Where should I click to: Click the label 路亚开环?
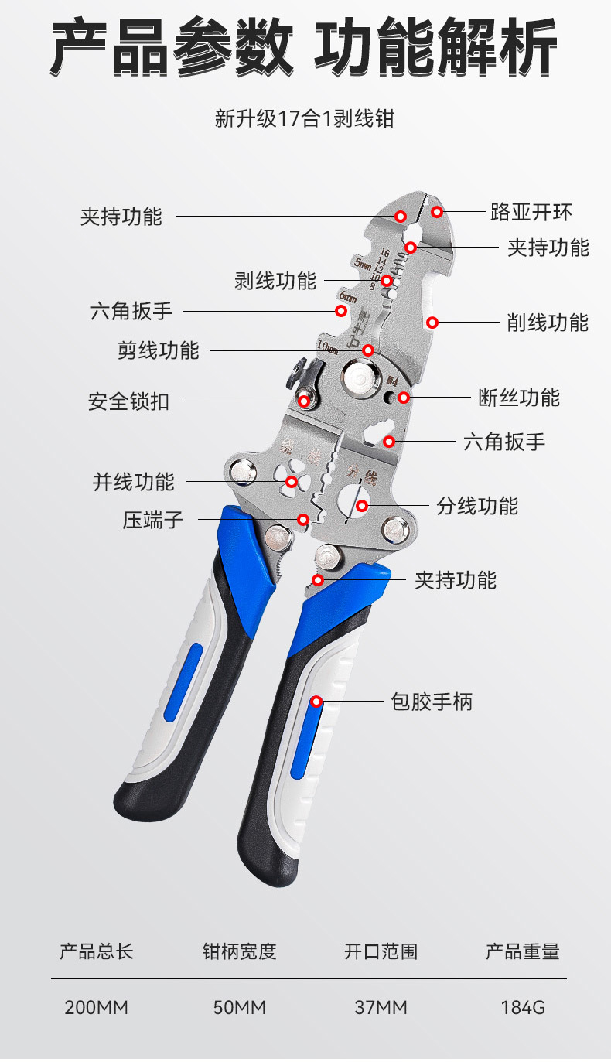(x=531, y=212)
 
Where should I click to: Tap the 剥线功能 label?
(x=275, y=281)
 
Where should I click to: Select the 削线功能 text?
(x=548, y=323)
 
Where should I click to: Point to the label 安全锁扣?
(x=128, y=402)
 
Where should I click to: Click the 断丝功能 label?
(x=519, y=398)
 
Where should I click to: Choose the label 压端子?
(x=153, y=520)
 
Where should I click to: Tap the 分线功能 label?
(x=477, y=507)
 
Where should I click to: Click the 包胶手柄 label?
(x=431, y=702)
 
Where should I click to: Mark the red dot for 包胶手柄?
(x=316, y=702)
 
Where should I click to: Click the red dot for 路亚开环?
(x=437, y=211)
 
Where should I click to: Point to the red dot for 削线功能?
(x=432, y=322)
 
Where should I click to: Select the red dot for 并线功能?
(x=292, y=482)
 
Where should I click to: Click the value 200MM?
(x=97, y=1008)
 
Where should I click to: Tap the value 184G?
(x=523, y=1008)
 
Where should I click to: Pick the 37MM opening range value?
(x=381, y=1008)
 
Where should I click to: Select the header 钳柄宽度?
(x=239, y=951)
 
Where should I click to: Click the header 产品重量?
(x=522, y=951)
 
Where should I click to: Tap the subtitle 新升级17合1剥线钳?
(x=305, y=119)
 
